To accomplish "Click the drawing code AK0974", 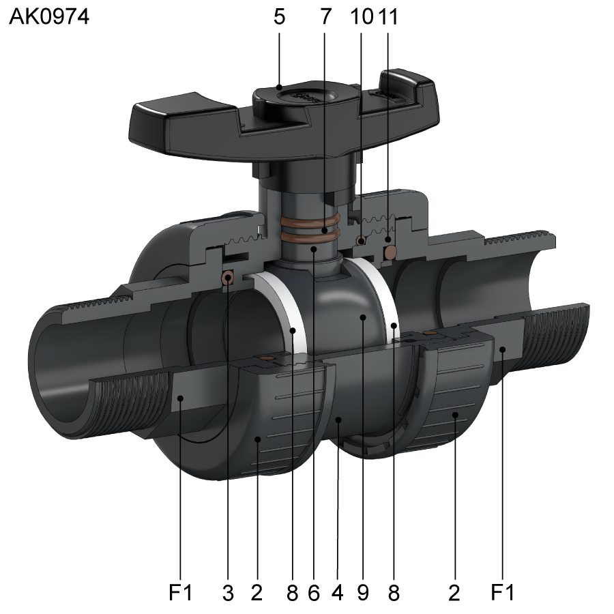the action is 49,17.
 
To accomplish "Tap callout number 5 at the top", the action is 279,17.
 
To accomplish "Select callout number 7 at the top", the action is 326,17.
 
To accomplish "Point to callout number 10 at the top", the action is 362,17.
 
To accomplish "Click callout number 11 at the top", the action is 388,17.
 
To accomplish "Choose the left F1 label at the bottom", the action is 181,592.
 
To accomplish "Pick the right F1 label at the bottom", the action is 502,592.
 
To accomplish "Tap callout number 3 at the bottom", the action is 228,593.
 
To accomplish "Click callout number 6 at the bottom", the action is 314,593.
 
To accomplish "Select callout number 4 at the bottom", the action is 338,593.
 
